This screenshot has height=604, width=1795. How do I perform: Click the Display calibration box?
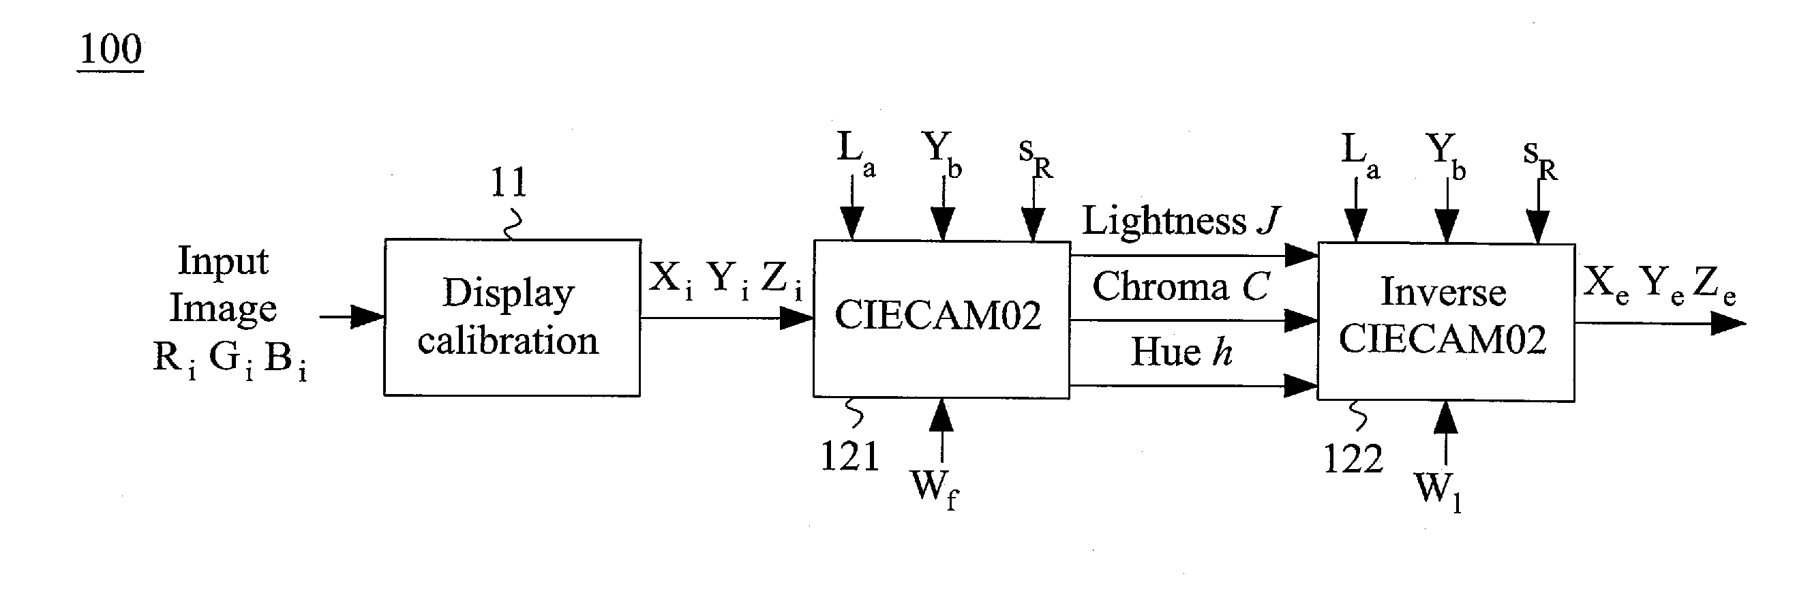point(512,318)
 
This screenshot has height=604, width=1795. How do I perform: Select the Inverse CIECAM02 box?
point(1445,322)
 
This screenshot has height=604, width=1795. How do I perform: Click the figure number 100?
point(111,50)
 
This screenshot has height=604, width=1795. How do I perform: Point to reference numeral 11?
point(509,183)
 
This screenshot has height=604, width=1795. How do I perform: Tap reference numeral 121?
point(849,456)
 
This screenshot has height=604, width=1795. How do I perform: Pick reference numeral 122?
point(1353,459)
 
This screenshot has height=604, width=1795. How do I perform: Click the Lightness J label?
point(1181,221)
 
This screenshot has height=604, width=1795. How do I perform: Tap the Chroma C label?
point(1181,286)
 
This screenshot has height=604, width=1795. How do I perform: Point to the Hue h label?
point(1181,351)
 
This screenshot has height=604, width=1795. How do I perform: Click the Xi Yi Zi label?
point(725,280)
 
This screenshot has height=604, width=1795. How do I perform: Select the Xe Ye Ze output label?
point(1659,286)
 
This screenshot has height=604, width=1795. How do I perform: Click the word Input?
point(223,262)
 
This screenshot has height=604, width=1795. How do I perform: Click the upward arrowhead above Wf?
point(941,415)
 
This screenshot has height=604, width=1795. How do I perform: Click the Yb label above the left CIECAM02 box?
point(942,154)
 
